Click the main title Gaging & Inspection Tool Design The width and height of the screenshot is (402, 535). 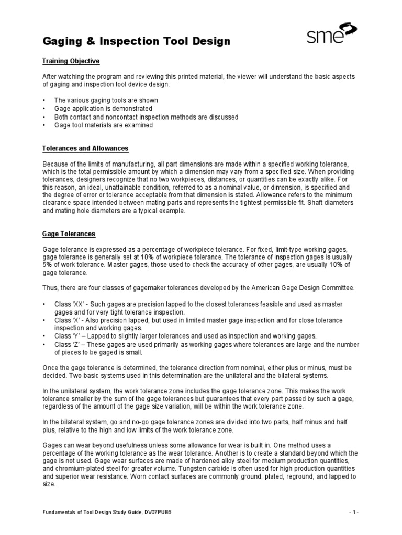pyautogui.click(x=136, y=41)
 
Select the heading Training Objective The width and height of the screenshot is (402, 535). pyautogui.click(x=71, y=62)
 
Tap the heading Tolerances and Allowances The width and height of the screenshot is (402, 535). pyautogui.click(x=85, y=149)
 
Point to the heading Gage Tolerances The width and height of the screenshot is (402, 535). pyautogui.click(x=69, y=234)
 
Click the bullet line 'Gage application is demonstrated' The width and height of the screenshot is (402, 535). pyautogui.click(x=96, y=109)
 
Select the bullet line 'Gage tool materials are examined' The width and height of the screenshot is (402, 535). pyautogui.click(x=96, y=125)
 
